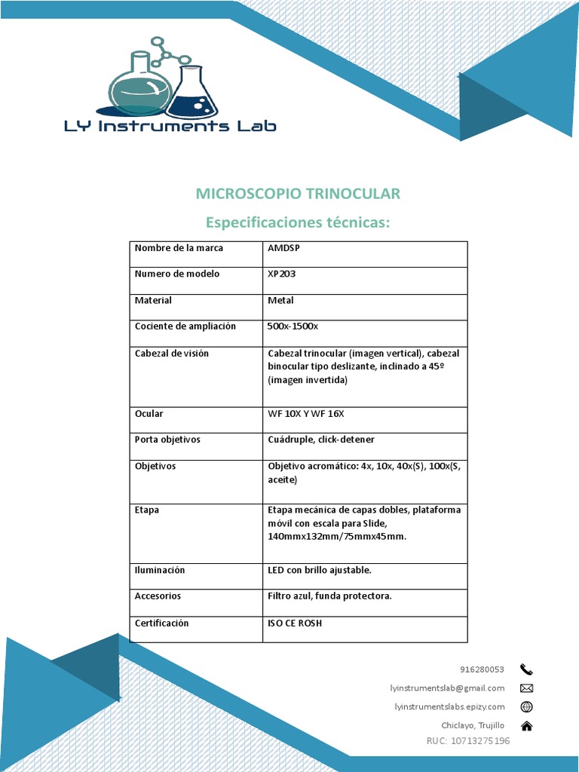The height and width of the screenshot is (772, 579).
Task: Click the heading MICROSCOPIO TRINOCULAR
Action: coord(298,194)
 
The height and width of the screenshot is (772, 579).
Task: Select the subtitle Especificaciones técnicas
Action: coord(298,223)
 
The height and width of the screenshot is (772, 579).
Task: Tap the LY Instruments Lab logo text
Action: coord(170,126)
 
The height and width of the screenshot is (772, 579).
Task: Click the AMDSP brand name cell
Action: coord(283,248)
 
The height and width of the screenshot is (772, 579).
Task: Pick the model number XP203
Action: coord(282,274)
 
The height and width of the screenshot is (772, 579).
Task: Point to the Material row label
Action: coord(153,300)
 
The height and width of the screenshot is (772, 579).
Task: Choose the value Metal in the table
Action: coord(280,300)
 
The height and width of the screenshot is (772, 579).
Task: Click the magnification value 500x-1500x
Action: coord(293,326)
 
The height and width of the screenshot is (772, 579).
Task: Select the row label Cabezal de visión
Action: coord(171,353)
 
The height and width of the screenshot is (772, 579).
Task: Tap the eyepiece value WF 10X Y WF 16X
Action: coord(305,414)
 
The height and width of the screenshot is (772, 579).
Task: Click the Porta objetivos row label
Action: coord(167,440)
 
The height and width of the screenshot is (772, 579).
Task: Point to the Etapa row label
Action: coord(147,510)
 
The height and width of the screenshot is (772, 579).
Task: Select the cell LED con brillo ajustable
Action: coord(320,570)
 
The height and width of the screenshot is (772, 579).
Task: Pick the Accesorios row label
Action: coord(158,596)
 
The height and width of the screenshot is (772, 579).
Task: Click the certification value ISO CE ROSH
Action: coord(295,623)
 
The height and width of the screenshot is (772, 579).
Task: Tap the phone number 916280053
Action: coord(482,669)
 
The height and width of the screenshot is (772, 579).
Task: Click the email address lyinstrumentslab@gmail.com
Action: coord(447,688)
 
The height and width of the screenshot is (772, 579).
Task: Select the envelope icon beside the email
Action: coord(526,688)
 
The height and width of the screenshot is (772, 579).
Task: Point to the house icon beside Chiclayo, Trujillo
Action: coord(526,725)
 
